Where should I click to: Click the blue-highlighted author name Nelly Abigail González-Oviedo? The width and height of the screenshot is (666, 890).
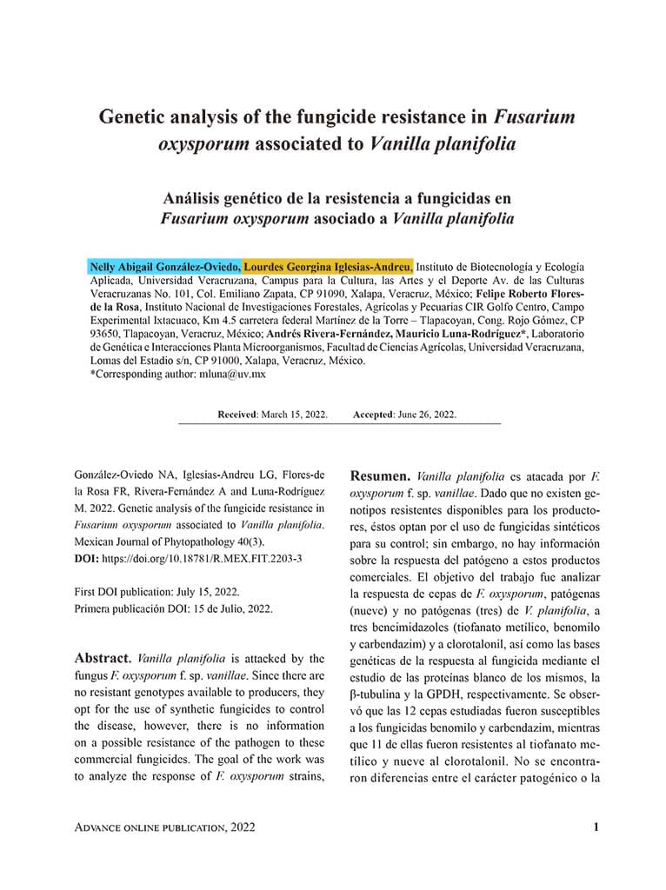pyautogui.click(x=165, y=267)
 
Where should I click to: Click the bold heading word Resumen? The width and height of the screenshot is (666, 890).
pyautogui.click(x=379, y=476)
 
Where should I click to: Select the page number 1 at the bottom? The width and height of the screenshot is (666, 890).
pyautogui.click(x=596, y=827)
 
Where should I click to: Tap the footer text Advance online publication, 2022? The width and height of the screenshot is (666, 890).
pyautogui.click(x=165, y=828)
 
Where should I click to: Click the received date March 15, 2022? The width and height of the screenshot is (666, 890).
pyautogui.click(x=295, y=415)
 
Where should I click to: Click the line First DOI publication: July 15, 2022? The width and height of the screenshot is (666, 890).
pyautogui.click(x=162, y=592)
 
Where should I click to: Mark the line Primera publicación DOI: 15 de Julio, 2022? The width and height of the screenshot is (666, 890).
pyautogui.click(x=174, y=608)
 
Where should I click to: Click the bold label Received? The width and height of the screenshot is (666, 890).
pyautogui.click(x=237, y=415)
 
